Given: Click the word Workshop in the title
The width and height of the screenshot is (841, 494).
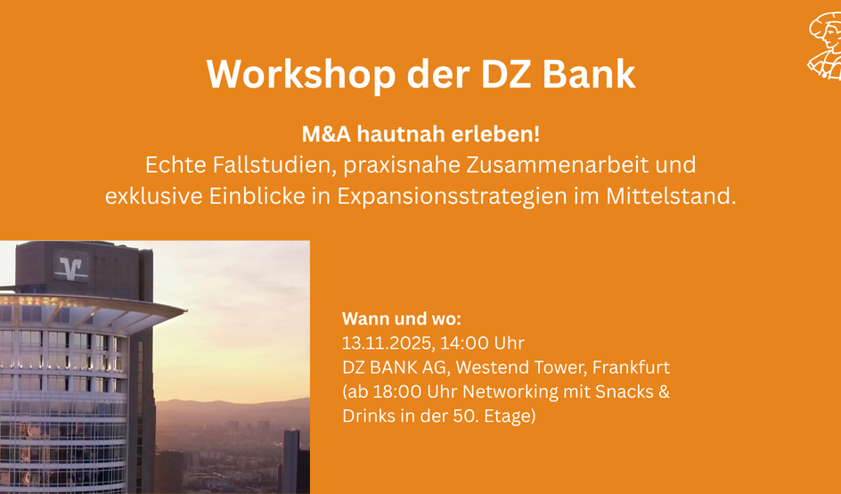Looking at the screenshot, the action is [301, 73].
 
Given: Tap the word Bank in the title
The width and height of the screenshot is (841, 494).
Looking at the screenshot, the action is [589, 73].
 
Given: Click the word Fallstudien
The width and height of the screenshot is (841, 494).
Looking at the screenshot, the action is [274, 165].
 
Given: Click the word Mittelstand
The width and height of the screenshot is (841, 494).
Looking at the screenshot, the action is [672, 196].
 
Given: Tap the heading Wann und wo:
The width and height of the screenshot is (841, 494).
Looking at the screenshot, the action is [402, 319].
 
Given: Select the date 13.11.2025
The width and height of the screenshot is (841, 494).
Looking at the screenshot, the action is [388, 343].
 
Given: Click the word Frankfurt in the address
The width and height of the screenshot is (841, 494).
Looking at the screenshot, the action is [632, 367].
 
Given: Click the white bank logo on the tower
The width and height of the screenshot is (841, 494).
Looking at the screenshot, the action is [70, 266].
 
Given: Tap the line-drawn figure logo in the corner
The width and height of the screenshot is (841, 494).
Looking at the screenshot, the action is [825, 46].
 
